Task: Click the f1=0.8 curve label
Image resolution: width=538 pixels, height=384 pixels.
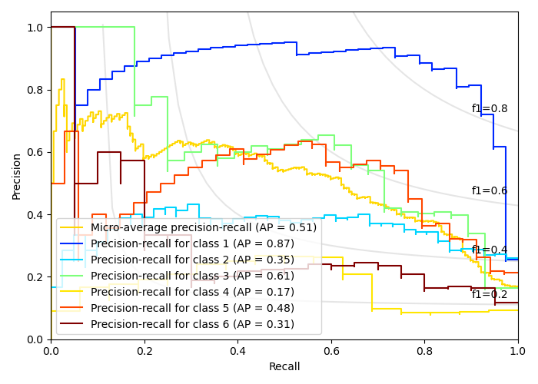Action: click(490, 109)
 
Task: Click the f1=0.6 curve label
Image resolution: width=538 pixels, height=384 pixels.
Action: click(490, 191)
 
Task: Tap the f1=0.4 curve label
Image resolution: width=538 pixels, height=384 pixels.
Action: click(490, 250)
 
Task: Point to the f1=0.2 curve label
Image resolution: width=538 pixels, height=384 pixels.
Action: click(490, 295)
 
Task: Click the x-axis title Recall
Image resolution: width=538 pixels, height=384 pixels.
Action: click(284, 367)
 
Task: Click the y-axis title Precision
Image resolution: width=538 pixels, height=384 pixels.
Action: click(17, 176)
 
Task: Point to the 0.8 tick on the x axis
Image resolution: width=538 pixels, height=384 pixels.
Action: click(424, 350)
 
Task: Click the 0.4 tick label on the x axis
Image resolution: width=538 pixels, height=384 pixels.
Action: click(237, 350)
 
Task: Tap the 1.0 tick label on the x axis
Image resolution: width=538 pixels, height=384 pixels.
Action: click(518, 350)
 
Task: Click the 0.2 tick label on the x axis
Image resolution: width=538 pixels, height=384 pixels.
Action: click(144, 350)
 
